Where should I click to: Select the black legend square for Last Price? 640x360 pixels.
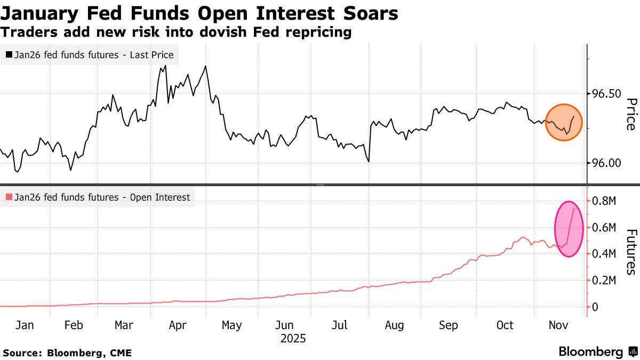(9, 54)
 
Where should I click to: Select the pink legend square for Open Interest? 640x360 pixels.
(9, 197)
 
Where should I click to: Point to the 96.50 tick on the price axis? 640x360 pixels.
(606, 94)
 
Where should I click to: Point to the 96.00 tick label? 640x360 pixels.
(606, 163)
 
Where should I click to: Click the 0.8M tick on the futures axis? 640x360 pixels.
(605, 201)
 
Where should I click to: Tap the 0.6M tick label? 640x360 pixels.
(605, 228)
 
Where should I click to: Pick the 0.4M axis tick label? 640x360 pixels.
(605, 254)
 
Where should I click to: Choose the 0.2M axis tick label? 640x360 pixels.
(605, 281)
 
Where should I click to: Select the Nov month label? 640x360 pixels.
(557, 325)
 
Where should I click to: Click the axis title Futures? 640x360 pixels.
(630, 252)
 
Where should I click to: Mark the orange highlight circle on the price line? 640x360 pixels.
(564, 122)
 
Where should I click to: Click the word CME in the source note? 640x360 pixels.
(120, 353)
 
